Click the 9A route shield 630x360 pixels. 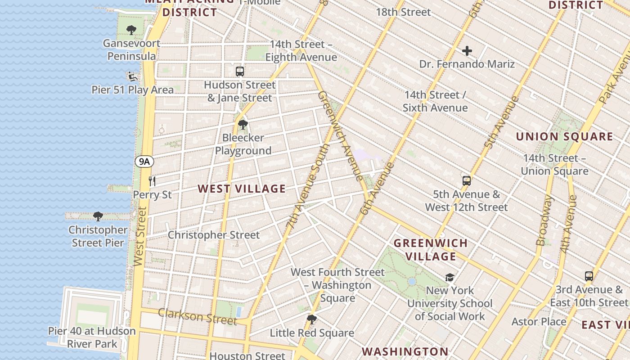[x=144, y=162]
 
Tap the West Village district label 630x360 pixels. [x=242, y=189]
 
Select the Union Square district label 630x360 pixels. [x=564, y=136]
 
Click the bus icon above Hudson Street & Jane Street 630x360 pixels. [x=240, y=71]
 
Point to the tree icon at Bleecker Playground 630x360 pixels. [x=243, y=124]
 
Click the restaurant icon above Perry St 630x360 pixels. [x=152, y=181]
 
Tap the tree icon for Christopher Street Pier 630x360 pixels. [x=98, y=216]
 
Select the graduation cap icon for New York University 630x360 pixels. [x=450, y=277]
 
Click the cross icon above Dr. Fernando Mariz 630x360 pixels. [x=467, y=51]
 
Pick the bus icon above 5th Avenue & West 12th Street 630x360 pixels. [x=467, y=181]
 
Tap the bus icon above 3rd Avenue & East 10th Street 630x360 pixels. [x=589, y=276]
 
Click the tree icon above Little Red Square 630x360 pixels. [x=311, y=319]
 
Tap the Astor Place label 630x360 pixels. [x=539, y=322]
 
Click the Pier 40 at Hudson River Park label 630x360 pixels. [x=92, y=337]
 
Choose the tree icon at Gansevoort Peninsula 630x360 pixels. [x=131, y=30]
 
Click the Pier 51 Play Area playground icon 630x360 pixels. [x=132, y=76]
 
